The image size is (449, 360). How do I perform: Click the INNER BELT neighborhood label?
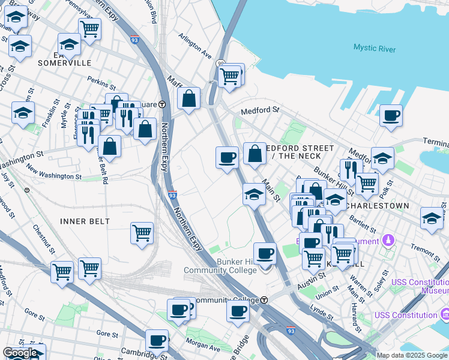pyautogui.click(x=85, y=221)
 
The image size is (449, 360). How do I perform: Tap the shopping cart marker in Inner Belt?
pyautogui.click(x=142, y=233)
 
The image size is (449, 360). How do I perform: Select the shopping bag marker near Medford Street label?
pyautogui.click(x=255, y=154)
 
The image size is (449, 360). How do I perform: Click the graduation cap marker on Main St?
pyautogui.click(x=254, y=195)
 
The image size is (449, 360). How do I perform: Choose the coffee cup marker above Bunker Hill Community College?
pyautogui.click(x=265, y=253)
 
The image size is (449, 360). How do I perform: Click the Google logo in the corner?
pyautogui.click(x=20, y=353)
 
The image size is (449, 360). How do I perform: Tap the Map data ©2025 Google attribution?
pyautogui.click(x=412, y=355)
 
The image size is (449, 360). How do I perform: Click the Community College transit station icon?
pyautogui.click(x=264, y=299)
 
